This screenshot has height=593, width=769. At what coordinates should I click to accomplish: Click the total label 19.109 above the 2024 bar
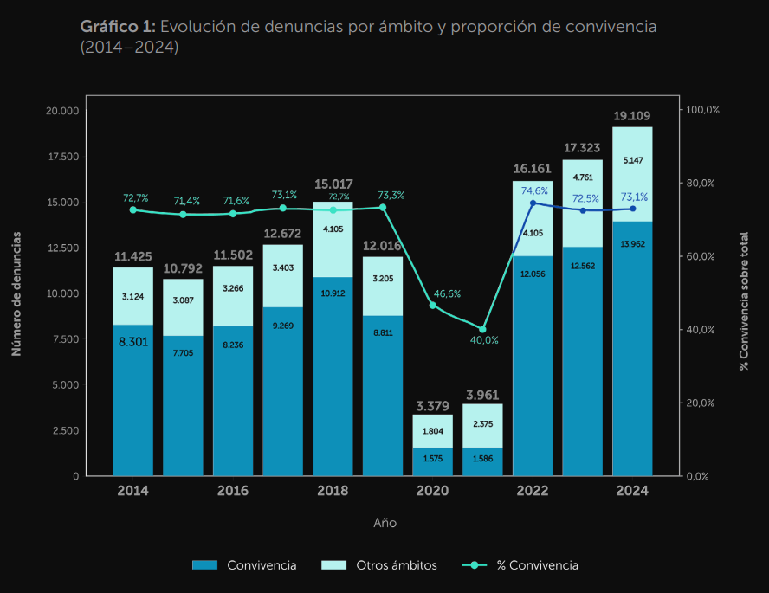(x=632, y=115)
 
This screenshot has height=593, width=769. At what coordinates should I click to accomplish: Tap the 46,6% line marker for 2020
(x=433, y=305)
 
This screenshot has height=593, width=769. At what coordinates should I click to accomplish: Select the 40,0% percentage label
(x=484, y=340)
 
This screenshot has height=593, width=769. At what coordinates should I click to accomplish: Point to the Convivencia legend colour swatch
(x=205, y=565)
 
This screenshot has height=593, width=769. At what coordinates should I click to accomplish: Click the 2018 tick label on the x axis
(x=333, y=491)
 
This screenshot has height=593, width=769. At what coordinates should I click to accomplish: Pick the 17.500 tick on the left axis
(x=61, y=157)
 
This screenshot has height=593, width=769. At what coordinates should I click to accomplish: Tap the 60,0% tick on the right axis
(x=701, y=256)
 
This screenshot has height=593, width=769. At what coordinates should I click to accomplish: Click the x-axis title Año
(x=384, y=523)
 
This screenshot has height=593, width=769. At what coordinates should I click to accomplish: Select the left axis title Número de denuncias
(x=16, y=293)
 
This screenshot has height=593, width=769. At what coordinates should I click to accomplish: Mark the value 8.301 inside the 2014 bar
(x=132, y=341)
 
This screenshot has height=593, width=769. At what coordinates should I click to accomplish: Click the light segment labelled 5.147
(x=632, y=160)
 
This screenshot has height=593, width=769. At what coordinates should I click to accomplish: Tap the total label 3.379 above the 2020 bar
(x=432, y=405)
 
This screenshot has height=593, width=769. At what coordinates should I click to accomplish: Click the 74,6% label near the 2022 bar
(x=534, y=190)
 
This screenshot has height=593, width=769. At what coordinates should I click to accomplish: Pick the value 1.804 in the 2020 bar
(x=433, y=431)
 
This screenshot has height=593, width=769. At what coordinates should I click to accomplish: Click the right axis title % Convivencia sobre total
(x=743, y=301)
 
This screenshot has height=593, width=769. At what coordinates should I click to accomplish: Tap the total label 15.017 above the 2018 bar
(x=333, y=184)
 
